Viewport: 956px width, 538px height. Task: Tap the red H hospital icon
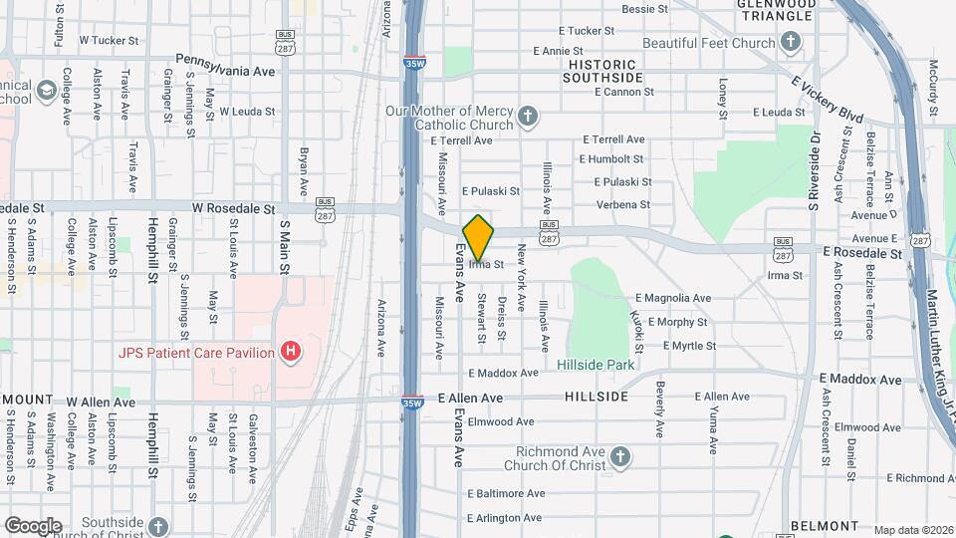point(291,351)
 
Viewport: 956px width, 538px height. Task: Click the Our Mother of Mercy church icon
point(528,119)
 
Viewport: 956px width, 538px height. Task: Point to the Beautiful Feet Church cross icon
point(791,42)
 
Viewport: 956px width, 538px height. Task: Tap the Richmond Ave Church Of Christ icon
point(619,457)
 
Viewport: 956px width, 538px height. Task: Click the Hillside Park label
point(596,365)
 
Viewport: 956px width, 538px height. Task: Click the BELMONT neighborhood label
point(824,525)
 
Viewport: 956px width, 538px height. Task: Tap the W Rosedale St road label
point(233,209)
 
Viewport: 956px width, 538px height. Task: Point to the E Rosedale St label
point(861,254)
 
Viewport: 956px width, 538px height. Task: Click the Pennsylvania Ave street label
point(224,60)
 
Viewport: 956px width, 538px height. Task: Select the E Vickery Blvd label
point(826,100)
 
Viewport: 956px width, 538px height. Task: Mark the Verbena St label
point(622,204)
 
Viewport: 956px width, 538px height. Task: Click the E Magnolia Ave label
point(672,298)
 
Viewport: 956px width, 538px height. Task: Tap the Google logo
point(33,525)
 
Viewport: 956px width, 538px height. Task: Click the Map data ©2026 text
point(913,530)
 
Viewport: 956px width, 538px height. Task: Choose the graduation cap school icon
point(46,92)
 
